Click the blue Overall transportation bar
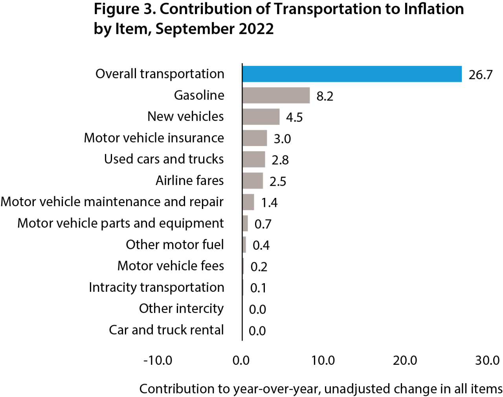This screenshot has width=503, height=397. tap(352, 74)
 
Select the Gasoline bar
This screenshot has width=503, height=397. tap(276, 95)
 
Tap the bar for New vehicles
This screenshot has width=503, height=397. tap(261, 117)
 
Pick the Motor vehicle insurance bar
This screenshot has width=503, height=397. tap(255, 138)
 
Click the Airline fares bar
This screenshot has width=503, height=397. tap(253, 181)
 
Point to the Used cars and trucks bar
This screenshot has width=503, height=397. tap(254, 159)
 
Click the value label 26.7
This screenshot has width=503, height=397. tap(480, 75)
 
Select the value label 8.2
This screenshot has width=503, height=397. tap(325, 96)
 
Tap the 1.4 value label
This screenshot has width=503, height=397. tap(269, 203)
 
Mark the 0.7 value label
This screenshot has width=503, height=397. tap(263, 224)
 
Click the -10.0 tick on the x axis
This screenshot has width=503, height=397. tap(158, 360)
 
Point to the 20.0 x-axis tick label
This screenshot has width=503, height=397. tap(405, 360)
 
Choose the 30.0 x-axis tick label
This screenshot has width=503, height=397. tap(487, 360)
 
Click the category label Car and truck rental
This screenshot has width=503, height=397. tap(166, 330)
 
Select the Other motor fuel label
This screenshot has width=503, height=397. tap(174, 245)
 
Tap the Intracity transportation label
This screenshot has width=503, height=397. tap(156, 287)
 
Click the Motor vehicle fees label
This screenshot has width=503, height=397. tap(171, 266)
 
